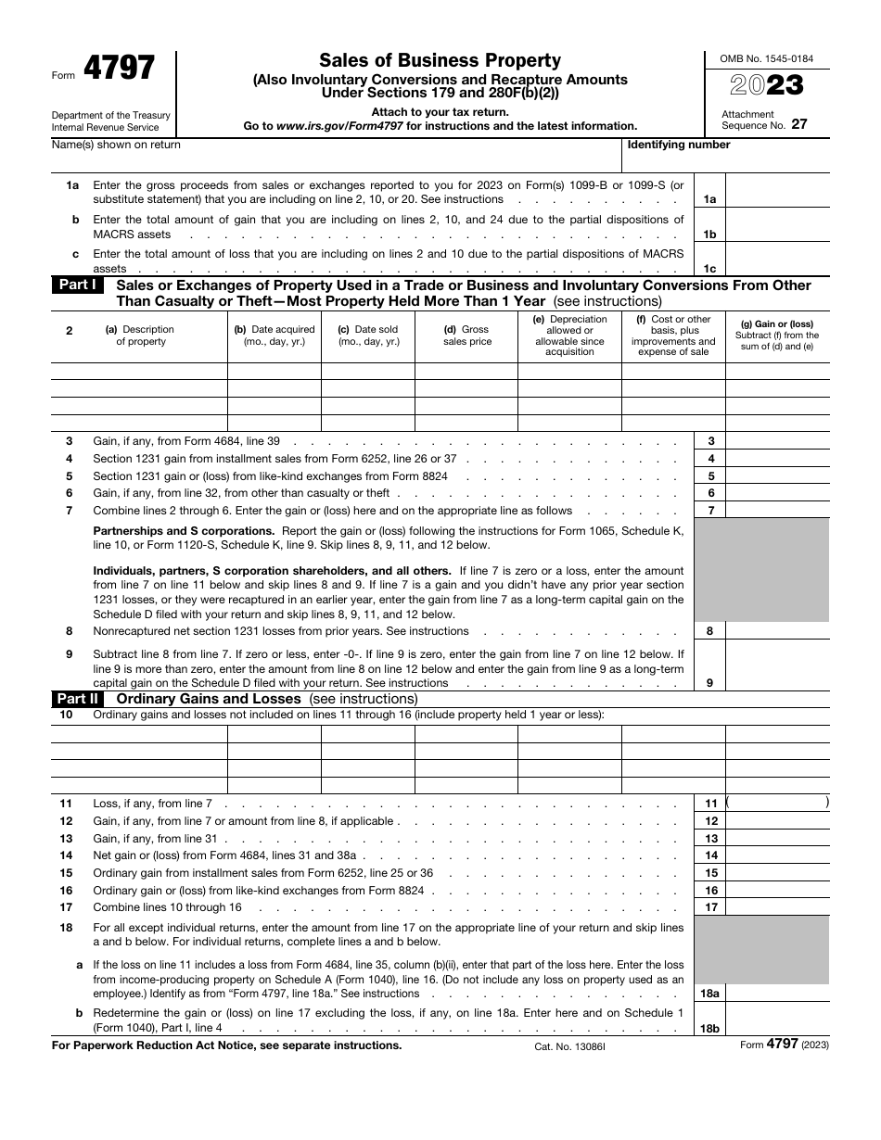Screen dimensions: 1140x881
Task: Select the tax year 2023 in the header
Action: pos(767,86)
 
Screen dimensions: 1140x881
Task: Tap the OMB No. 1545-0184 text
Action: pos(767,58)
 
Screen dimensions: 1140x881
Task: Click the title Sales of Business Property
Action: pos(440,61)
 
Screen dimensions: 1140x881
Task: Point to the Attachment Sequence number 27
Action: pos(798,124)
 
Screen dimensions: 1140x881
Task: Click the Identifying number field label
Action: pos(679,145)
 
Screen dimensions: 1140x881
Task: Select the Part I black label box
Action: pos(78,285)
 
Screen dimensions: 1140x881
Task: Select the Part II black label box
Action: pos(78,699)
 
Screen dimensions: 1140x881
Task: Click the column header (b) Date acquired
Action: pos(275,336)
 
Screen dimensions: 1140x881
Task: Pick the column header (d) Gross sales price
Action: pos(466,336)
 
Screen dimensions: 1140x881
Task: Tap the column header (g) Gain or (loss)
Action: pos(776,336)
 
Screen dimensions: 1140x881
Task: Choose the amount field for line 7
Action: pos(777,511)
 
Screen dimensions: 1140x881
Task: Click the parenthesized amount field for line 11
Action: pos(777,804)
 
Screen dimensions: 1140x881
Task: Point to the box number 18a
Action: pos(709,994)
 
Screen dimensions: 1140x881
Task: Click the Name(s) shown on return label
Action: pos(117,145)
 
